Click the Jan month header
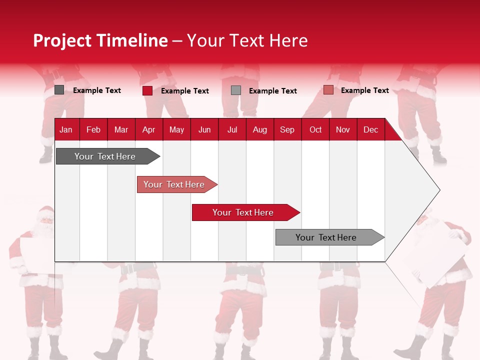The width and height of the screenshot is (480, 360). tap(66, 130)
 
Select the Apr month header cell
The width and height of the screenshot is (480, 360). tap(149, 130)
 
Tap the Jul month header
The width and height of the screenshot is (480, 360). tap(232, 130)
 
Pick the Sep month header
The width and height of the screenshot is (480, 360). tap(287, 130)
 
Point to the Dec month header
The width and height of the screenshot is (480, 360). tap(370, 130)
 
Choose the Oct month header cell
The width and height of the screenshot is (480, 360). tap(315, 130)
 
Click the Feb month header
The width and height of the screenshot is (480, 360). tap(93, 130)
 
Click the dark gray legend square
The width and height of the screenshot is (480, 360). tap(59, 90)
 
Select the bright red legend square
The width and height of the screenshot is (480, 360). tap(147, 90)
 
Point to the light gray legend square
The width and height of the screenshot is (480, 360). tap(236, 90)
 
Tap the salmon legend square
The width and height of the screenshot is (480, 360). tap(328, 90)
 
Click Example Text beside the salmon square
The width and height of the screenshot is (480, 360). tap(364, 90)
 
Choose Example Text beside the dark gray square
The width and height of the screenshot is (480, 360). tap(96, 90)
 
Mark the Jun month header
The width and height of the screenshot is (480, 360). tap(204, 130)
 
